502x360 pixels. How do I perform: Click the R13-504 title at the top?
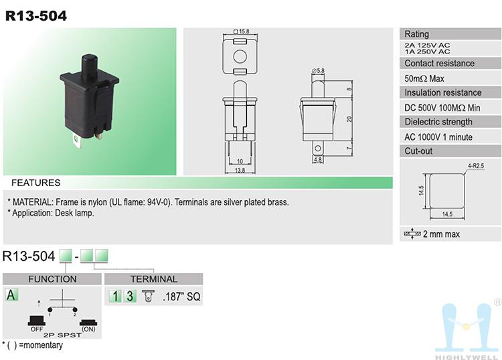tap(36, 15)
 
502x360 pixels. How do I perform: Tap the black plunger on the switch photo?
tap(90, 66)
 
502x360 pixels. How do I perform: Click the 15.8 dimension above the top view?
tap(242, 31)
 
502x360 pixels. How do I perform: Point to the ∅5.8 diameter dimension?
tap(318, 70)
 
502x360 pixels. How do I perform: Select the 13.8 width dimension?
tap(240, 170)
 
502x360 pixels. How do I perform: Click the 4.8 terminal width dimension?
tap(318, 160)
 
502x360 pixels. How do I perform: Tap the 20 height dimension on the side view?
tap(349, 119)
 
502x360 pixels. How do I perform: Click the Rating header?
tap(416, 34)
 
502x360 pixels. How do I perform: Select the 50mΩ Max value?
tap(424, 78)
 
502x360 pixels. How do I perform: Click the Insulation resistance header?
tap(443, 92)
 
